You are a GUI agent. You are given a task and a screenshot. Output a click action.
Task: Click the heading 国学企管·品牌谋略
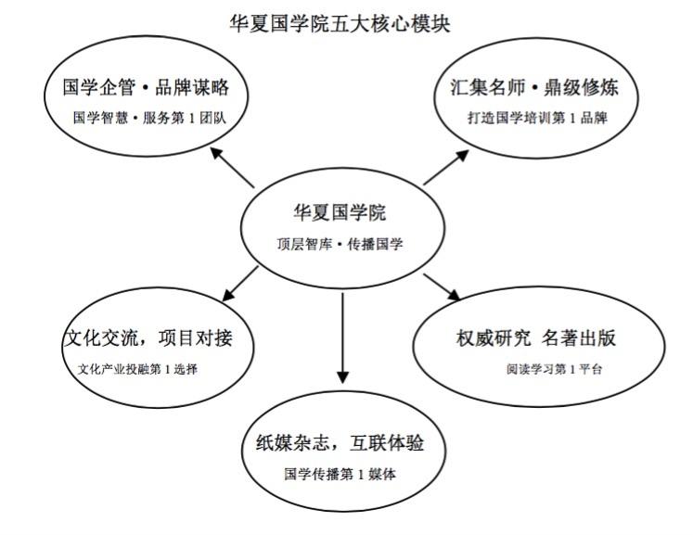point(146,89)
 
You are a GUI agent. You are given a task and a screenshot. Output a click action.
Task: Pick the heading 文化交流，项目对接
point(147,338)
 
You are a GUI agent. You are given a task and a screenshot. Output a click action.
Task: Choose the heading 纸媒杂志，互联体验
point(340,443)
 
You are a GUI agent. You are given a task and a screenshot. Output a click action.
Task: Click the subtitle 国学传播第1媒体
point(340,474)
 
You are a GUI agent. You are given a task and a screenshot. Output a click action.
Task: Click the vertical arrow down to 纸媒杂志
point(342,338)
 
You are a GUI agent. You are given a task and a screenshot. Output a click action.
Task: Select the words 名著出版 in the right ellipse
point(581,338)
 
